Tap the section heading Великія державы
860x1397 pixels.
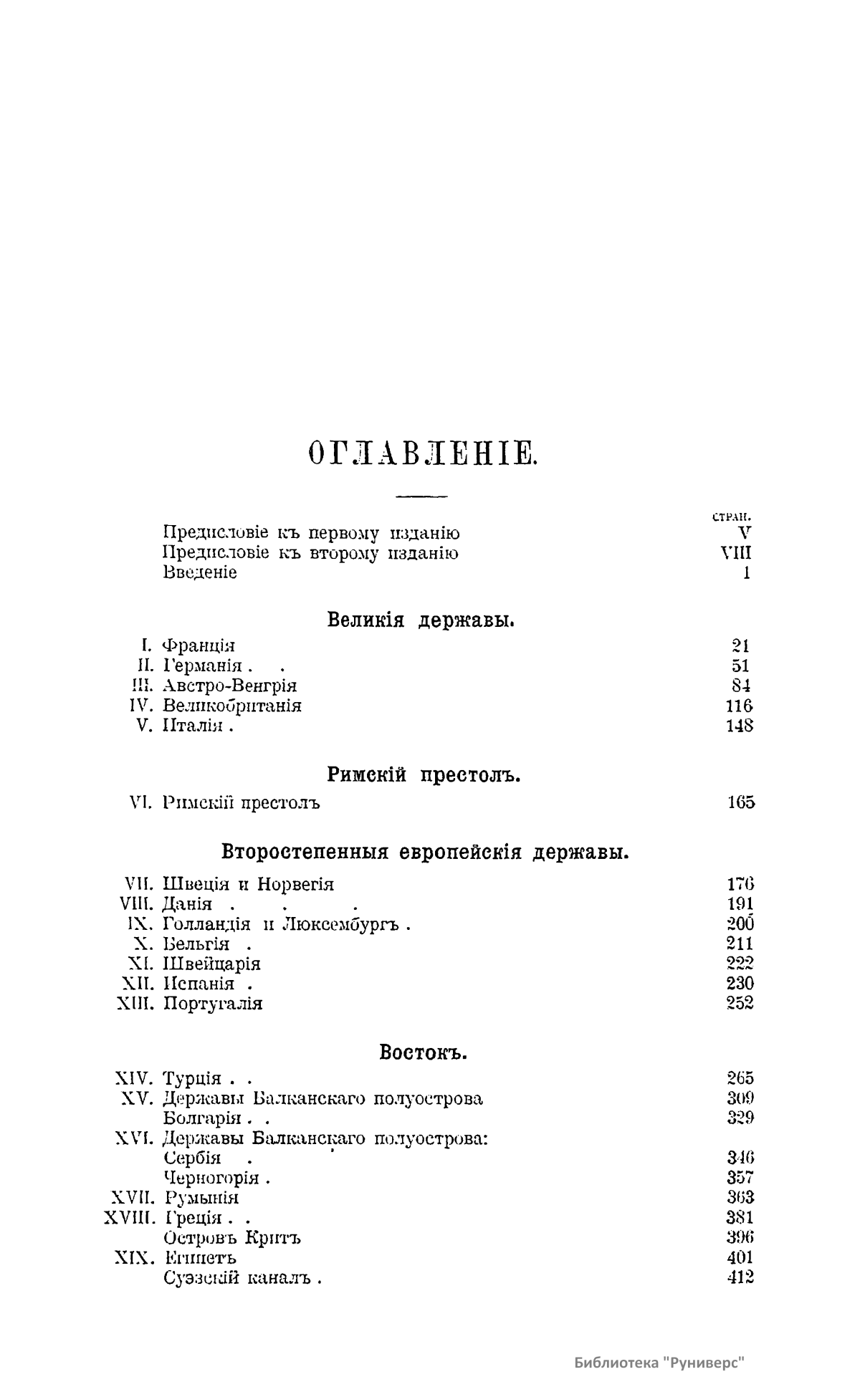(421, 620)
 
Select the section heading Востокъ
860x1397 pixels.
(423, 1052)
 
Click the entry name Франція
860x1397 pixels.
(199, 645)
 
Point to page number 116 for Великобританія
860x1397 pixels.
(740, 706)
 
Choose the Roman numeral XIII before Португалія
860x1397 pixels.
(135, 1004)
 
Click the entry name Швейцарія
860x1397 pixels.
(212, 964)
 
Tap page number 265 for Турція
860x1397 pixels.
(740, 1078)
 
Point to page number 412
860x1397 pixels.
(740, 1277)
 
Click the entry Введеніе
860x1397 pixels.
(200, 572)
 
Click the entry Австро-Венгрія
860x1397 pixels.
(230, 686)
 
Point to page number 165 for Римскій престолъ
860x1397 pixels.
(740, 802)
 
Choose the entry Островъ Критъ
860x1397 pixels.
(232, 1237)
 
